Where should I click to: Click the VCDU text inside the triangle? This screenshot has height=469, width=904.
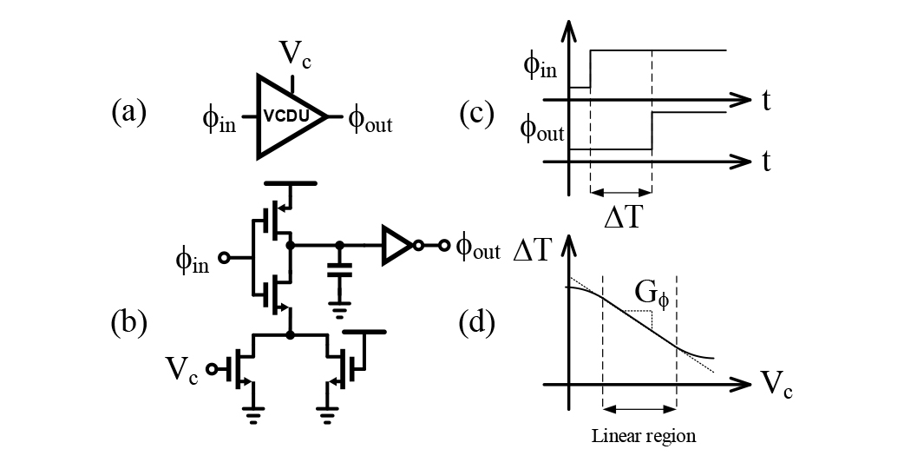286,116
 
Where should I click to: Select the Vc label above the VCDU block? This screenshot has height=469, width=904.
295,55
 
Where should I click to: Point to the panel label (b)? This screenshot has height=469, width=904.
128,322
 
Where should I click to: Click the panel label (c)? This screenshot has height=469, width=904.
477,113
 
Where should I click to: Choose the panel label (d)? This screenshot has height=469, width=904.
477,323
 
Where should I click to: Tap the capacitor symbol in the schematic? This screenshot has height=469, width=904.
339,269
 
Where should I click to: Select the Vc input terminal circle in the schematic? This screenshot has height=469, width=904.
213,369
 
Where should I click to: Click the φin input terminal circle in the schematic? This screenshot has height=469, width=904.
224,258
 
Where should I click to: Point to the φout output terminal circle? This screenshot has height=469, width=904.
443,246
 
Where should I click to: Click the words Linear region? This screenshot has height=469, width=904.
644,435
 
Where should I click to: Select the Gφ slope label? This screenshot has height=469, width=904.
652,295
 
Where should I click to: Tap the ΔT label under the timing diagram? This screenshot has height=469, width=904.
622,218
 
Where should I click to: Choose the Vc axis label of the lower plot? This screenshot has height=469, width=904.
776,384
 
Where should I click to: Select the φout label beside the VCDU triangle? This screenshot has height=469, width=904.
370,121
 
